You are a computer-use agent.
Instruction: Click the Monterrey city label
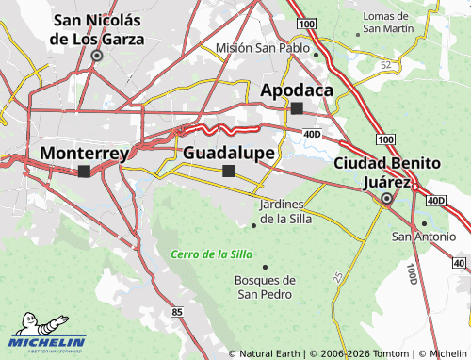point(85,153)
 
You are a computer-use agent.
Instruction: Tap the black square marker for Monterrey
point(85,172)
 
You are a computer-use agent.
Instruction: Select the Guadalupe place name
point(229,153)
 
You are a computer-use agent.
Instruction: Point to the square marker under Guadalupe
point(228,171)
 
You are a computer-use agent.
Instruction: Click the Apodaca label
point(297,90)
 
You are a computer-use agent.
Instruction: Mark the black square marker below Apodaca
point(298,108)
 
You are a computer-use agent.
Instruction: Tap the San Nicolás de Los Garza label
point(97,29)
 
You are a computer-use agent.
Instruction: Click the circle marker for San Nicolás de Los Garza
point(96,56)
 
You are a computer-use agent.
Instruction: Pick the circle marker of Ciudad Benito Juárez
point(386,199)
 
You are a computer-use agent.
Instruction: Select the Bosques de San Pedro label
point(265,286)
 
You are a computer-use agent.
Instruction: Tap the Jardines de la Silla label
point(284,212)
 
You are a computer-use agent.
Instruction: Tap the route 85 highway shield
point(178,311)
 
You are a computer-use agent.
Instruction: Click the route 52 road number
point(385,64)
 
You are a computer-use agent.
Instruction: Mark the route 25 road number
point(338,276)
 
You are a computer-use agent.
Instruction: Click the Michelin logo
point(47,340)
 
